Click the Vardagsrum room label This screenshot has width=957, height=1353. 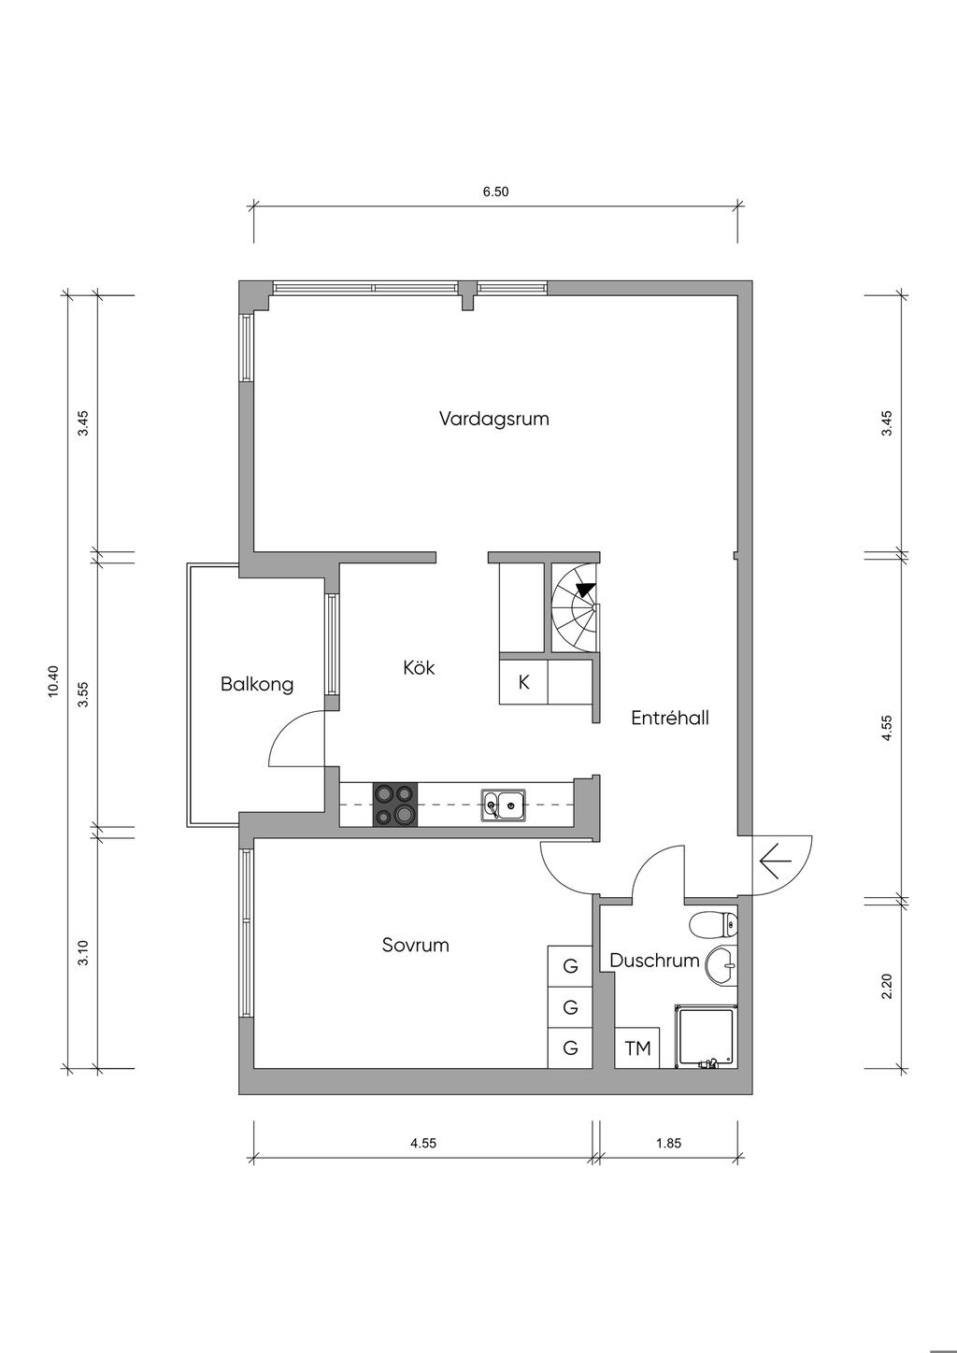(493, 419)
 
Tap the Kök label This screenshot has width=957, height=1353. (419, 668)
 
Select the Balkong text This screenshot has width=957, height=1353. (257, 684)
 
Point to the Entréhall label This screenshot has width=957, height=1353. (669, 718)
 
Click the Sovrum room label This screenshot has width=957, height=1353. (415, 945)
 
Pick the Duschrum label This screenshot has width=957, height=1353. (654, 961)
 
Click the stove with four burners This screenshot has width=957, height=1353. (394, 804)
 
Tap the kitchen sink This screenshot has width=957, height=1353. (503, 804)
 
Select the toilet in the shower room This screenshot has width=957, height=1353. (714, 925)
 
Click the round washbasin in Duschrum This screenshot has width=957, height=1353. (721, 965)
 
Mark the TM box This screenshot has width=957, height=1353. (637, 1048)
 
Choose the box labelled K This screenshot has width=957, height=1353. (523, 682)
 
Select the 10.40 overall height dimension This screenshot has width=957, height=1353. (52, 681)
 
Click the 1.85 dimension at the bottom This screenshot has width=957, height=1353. (668, 1142)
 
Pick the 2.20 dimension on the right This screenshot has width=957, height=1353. (887, 986)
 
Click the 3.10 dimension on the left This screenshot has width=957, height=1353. (83, 953)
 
